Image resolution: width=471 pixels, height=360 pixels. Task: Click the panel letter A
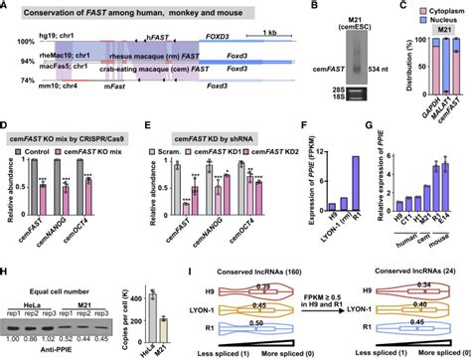click(x=6, y=7)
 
